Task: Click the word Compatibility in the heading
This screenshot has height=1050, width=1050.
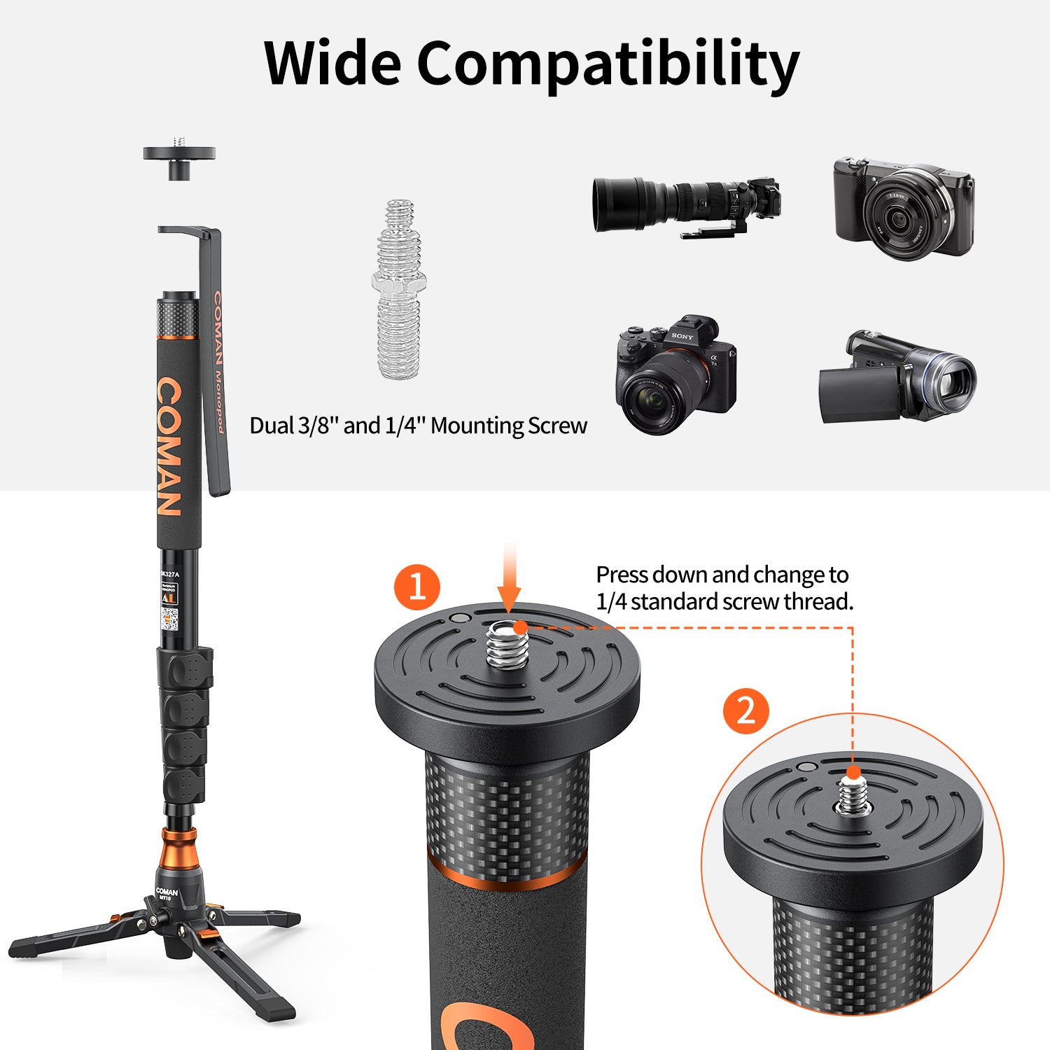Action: [x=608, y=64]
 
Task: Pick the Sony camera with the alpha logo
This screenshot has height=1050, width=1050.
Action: [x=675, y=374]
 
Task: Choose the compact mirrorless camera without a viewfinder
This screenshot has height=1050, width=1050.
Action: [x=903, y=209]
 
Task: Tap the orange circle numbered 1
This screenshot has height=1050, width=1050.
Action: [x=417, y=587]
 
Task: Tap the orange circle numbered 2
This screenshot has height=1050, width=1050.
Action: [x=746, y=710]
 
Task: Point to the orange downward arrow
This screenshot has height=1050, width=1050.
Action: [x=510, y=581]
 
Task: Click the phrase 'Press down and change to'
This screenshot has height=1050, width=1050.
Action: [x=722, y=575]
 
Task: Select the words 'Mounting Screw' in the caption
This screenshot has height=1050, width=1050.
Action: [x=509, y=426]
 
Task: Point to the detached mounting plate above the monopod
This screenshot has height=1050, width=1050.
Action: [x=179, y=158]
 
